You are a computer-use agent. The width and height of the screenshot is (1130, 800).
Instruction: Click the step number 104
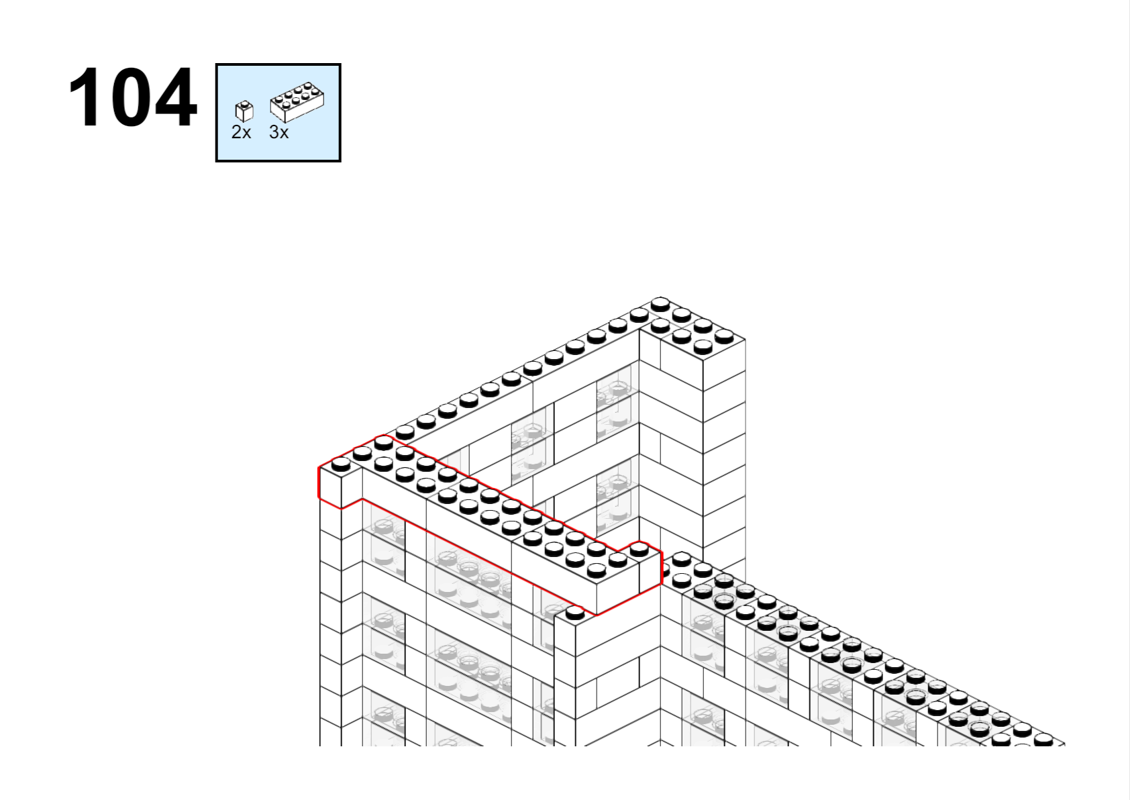point(132,97)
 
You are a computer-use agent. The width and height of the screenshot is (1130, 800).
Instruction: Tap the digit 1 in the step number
point(83,97)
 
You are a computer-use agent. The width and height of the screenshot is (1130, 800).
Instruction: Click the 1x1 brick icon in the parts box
point(245,111)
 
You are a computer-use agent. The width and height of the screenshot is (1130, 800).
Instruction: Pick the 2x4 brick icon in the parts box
point(297,103)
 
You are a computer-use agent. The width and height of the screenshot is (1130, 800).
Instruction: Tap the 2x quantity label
point(241,132)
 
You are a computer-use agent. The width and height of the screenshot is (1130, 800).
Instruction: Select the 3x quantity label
point(279,132)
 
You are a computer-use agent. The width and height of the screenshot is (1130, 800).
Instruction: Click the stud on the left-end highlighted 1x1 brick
point(340,464)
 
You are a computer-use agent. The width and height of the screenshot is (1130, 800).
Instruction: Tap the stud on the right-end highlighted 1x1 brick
point(639,549)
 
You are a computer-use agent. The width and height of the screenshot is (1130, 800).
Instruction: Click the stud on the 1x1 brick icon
point(245,105)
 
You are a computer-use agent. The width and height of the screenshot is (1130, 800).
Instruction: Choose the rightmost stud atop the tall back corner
point(725,336)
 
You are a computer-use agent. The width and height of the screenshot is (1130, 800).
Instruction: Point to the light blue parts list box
point(278,113)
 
